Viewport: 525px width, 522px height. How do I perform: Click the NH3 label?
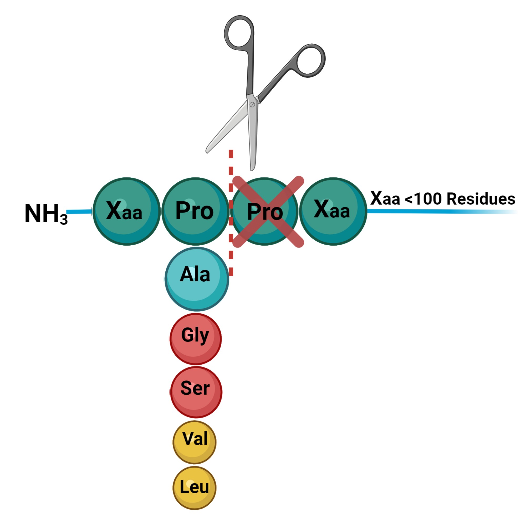point(46,214)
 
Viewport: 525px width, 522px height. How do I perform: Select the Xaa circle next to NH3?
point(126,211)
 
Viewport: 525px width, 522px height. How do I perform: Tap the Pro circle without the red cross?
point(195,211)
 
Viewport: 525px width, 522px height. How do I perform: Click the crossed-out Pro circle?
point(265,211)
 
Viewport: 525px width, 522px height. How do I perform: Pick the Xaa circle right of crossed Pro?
point(333,211)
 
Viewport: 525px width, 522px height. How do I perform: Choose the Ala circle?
point(196,279)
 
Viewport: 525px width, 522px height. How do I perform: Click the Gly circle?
point(195,339)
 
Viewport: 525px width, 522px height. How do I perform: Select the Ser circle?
point(196,392)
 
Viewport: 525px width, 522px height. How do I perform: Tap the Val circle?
point(194,442)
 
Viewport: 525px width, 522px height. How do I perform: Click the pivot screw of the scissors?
point(252,105)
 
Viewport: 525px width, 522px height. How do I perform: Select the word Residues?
point(481,199)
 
